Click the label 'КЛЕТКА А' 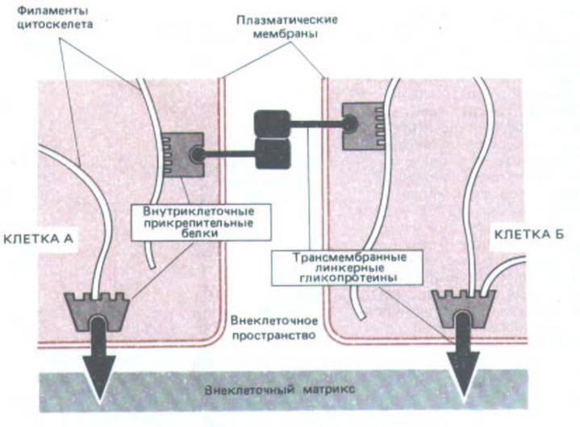tap(39, 239)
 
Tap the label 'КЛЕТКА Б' tap(529, 235)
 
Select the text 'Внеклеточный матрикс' tap(280, 390)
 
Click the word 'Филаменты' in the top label tap(53, 10)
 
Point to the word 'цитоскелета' tap(55, 25)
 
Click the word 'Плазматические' tap(287, 19)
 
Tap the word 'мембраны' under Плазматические tap(286, 35)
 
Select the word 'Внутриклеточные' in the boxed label tap(198, 211)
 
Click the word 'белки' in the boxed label tap(199, 233)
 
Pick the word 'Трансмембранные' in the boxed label tap(349, 257)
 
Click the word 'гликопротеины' tap(348, 278)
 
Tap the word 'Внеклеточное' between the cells tap(274, 320)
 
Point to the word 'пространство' tap(274, 335)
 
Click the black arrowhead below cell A tap(98, 378)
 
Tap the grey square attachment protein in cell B tap(363, 126)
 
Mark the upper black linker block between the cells tap(272, 124)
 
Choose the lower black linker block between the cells tap(273, 154)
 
